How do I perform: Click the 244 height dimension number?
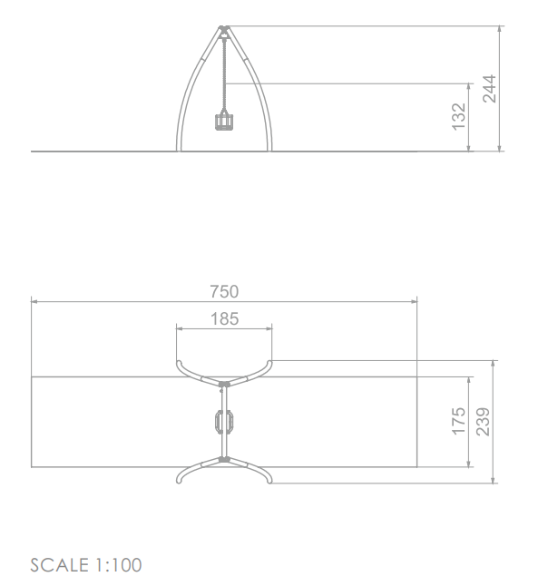489,89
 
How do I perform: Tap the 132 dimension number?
459,117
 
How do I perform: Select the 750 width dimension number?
224,291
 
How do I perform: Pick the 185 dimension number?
224,318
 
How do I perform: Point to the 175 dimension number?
459,421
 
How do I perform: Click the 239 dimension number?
483,422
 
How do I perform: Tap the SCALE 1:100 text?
86,565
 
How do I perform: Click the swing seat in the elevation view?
224,121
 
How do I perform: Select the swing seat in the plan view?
224,422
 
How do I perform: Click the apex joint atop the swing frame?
224,29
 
